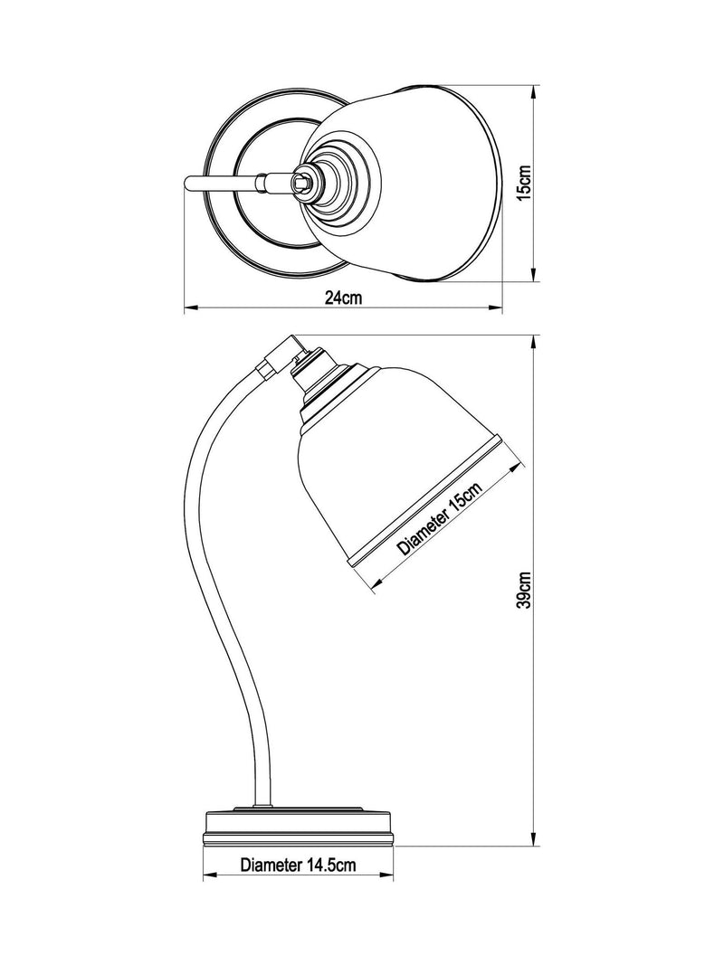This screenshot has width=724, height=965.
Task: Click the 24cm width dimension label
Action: pos(344,298)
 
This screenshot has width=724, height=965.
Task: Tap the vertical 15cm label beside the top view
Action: pos(523,184)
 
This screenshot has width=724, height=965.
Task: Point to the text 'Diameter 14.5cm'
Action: pos(298,865)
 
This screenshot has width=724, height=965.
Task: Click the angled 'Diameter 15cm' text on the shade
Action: pos(439,518)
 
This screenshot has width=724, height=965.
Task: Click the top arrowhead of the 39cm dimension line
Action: pos(534,342)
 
